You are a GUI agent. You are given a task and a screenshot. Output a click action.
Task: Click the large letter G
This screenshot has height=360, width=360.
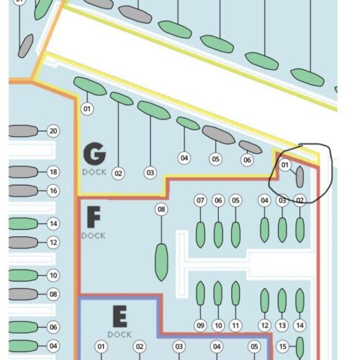tap(94, 153)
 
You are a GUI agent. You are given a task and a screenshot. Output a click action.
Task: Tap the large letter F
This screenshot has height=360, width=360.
tap(94, 217)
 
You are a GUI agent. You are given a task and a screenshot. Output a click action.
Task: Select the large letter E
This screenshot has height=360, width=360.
tap(120, 316)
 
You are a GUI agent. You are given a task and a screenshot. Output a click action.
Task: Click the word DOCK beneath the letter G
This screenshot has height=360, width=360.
tap(94, 172)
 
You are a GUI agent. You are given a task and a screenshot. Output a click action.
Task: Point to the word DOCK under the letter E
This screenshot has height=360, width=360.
tap(120, 334)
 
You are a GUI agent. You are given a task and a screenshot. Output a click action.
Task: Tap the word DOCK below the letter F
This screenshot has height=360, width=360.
tap(94, 235)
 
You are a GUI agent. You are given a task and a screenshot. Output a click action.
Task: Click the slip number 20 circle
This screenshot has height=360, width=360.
tap(53, 131)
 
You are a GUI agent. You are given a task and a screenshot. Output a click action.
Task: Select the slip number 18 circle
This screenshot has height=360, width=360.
tap(53, 172)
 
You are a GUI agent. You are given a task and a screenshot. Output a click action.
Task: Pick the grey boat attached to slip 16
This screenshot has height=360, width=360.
tap(23, 191)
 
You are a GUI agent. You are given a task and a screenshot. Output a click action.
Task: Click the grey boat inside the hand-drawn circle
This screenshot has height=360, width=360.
tap(300, 177)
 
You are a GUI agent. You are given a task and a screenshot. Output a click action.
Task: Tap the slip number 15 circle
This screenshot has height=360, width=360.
tap(283, 346)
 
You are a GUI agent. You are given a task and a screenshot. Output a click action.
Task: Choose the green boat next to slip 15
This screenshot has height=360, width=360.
tap(300, 348)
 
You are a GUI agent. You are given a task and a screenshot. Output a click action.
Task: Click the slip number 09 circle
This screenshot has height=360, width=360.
tap(200, 325)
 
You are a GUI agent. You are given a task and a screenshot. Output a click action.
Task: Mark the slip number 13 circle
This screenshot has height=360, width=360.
tap(282, 325)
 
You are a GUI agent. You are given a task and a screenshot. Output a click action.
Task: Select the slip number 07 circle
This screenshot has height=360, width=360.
tap(200, 200)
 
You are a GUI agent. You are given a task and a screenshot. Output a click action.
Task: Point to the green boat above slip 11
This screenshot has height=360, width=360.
tap(235, 293)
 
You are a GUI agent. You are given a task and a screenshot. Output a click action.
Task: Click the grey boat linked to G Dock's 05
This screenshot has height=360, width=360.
tap(218, 135)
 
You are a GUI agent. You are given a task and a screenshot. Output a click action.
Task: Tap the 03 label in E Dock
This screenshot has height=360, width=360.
tap(179, 346)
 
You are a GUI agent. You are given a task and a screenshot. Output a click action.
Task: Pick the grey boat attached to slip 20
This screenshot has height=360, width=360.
tap(23, 131)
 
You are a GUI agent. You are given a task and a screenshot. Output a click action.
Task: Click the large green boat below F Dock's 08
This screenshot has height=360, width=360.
tap(161, 262)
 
